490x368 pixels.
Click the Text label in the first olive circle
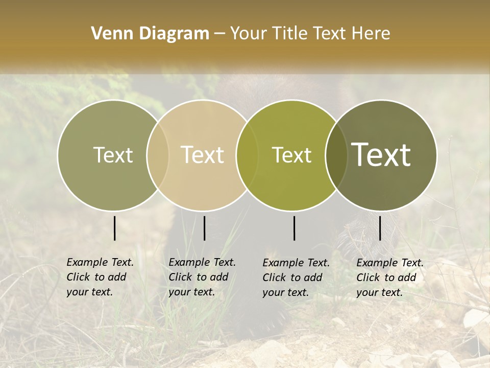(113, 155)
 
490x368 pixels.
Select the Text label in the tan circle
(203, 155)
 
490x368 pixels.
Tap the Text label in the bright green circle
(292, 155)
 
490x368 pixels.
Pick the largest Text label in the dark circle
(381, 155)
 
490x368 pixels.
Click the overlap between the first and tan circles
(158, 155)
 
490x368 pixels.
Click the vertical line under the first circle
(114, 228)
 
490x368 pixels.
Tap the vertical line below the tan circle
(204, 228)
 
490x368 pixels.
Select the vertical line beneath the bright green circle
(295, 228)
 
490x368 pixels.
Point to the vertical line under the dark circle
(380, 228)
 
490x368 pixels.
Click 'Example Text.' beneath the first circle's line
(100, 262)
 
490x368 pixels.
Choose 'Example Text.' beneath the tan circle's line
(202, 262)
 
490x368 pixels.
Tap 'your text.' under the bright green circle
(285, 293)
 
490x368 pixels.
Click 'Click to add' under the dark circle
(386, 278)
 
